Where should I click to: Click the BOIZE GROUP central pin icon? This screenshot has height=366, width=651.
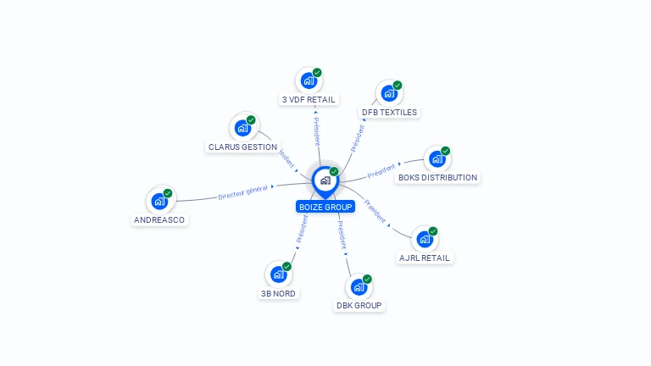point(325,180)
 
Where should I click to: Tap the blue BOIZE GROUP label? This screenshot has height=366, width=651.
point(325,207)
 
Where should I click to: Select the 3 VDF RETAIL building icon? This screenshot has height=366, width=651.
point(309,81)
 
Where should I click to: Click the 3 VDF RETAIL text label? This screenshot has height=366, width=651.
point(309,99)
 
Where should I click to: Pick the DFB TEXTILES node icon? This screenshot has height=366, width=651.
point(389,94)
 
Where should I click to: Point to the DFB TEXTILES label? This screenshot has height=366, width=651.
point(390,112)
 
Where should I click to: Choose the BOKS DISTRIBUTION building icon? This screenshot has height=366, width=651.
point(437,159)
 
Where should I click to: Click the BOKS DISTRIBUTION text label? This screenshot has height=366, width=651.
point(437,178)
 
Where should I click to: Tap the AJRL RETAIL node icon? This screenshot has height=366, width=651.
point(424,240)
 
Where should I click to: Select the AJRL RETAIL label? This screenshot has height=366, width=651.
point(426,258)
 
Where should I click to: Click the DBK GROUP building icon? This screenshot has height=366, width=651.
point(359,287)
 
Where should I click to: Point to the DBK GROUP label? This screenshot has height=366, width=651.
point(359,305)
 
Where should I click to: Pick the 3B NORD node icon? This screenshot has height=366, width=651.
point(278,274)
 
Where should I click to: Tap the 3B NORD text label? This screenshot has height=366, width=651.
point(278,293)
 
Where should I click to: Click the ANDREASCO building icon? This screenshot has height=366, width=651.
point(159,202)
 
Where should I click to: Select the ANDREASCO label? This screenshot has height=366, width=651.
point(159,220)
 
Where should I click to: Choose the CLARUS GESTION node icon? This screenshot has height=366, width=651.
point(242,129)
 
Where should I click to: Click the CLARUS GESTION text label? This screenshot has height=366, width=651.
point(242,147)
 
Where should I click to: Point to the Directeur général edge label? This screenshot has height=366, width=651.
point(242,192)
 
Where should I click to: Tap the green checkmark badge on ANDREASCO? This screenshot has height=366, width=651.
point(168,193)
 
